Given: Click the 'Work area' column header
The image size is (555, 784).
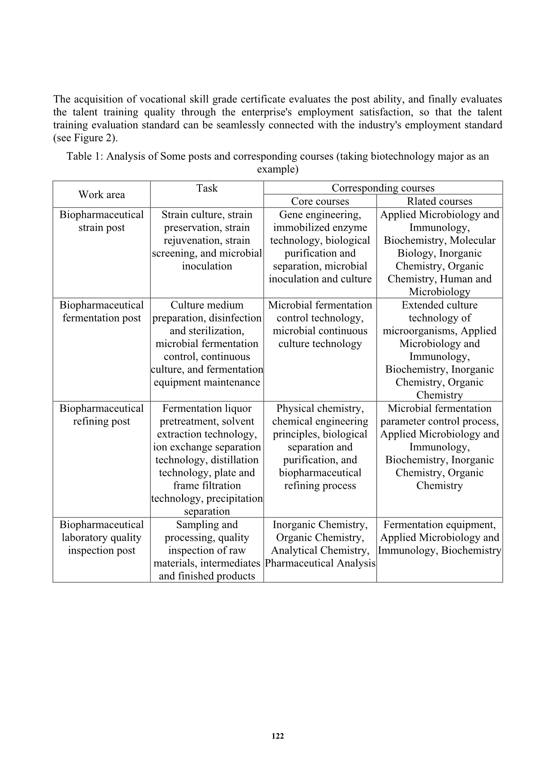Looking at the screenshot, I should (102, 195).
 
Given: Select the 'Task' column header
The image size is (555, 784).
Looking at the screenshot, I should (207, 188).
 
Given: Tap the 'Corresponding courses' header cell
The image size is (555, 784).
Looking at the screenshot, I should (383, 188).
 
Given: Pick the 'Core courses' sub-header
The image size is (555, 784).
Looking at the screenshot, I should (320, 201).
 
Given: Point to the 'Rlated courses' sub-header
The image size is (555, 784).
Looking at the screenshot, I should (440, 201).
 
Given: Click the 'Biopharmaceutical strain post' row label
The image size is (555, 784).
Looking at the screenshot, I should (102, 221).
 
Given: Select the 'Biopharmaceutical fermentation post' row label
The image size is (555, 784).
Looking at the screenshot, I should (102, 312).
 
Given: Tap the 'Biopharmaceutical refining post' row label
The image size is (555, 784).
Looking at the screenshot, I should (102, 415).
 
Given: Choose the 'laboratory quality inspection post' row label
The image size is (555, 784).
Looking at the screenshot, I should (102, 538).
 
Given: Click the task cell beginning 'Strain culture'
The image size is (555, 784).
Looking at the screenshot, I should (207, 240).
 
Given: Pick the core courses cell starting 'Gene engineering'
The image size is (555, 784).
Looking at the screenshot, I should (320, 247).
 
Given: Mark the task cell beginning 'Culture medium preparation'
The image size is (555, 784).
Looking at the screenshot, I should (207, 343).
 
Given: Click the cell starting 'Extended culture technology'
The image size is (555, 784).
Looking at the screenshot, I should (440, 350).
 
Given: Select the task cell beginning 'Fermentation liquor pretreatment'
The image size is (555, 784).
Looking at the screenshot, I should (207, 460).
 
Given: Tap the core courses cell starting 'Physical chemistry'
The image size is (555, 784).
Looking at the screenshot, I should (320, 447).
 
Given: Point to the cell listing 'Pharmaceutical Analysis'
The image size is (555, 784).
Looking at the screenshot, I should (320, 544).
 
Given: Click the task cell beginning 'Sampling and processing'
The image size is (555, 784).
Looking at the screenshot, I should (207, 550).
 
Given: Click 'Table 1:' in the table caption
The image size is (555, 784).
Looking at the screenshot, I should (85, 157).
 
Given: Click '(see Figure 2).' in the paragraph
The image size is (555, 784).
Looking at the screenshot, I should (85, 138).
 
